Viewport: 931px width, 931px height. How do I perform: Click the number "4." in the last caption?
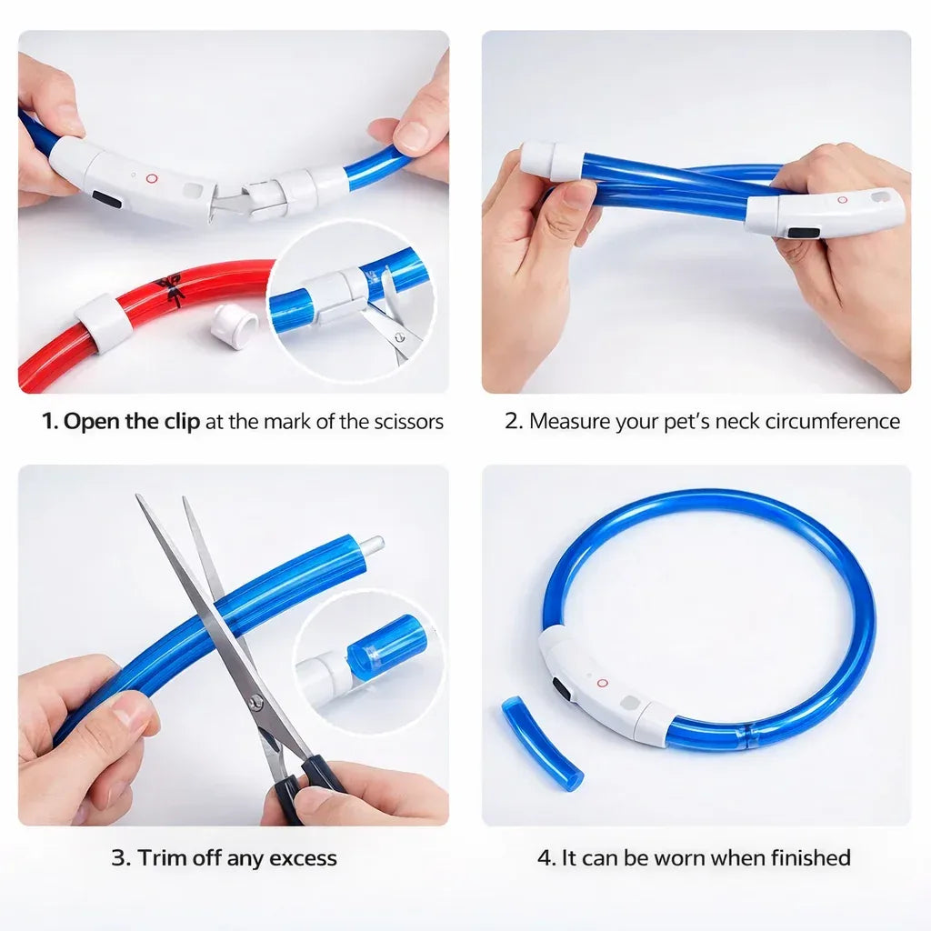pos(545,858)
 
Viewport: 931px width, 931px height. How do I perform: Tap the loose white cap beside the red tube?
pos(235,325)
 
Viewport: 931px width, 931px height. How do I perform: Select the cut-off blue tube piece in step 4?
pos(543,741)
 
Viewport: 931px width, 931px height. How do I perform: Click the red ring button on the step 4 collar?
pos(602,682)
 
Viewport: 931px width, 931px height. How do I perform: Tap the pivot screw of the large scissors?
pos(258,700)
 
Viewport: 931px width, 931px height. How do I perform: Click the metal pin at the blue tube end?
pos(372,546)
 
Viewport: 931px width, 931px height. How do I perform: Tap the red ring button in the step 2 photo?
pos(842,199)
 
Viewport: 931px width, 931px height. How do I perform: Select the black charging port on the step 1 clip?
pos(106,199)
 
